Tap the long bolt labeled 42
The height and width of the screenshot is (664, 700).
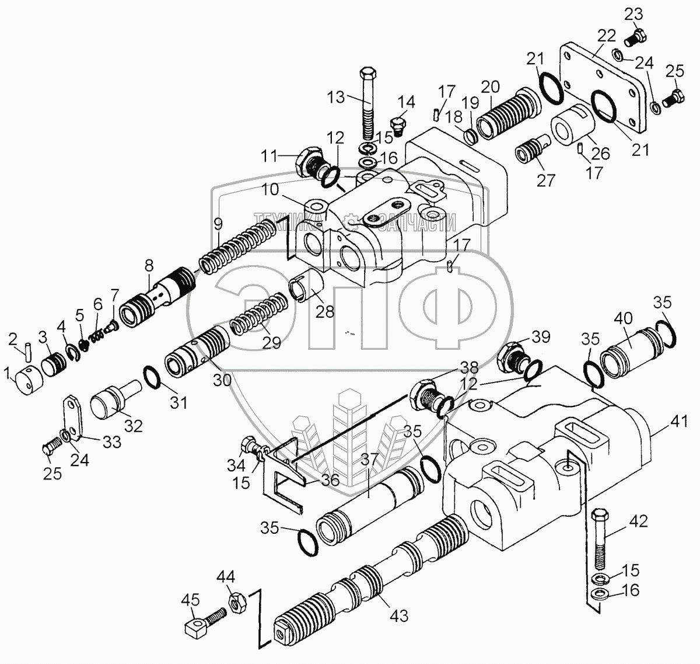pyautogui.click(x=600, y=540)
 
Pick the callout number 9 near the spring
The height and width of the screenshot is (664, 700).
pyautogui.click(x=218, y=223)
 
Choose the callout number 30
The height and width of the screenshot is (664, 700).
pyautogui.click(x=222, y=380)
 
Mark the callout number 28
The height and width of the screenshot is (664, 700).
pyautogui.click(x=325, y=311)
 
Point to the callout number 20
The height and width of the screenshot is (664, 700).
pyautogui.click(x=491, y=88)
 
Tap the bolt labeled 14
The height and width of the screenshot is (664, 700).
pyautogui.click(x=398, y=126)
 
